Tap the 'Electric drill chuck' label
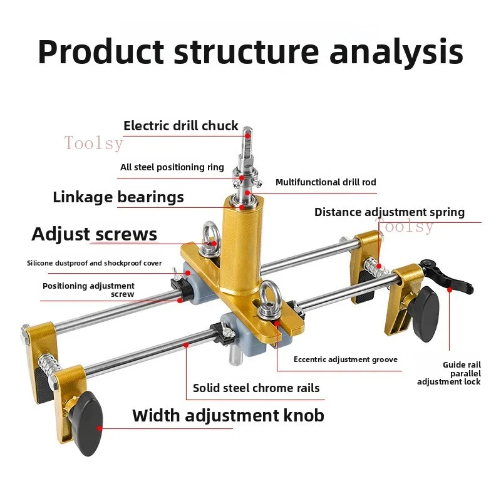tap(180, 125)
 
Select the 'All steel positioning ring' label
tap(172, 167)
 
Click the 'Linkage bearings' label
tap(118, 197)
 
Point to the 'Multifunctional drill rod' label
tap(326, 182)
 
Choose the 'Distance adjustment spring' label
tap(389, 212)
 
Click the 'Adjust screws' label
tap(94, 234)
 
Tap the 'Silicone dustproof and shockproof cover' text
tap(94, 263)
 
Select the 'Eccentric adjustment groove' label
tap(345, 359)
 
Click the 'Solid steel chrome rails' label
tap(256, 388)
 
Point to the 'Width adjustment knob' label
tap(228, 415)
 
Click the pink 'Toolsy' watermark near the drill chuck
tap(93, 143)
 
